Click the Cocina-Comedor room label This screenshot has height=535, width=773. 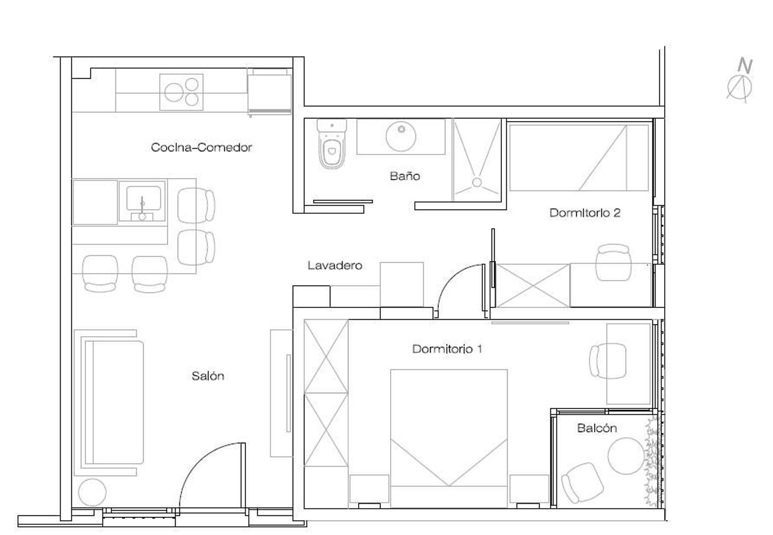click(201, 148)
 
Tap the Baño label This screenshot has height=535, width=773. click(405, 176)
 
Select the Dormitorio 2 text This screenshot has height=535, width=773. click(585, 213)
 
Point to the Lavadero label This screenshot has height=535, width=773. click(335, 265)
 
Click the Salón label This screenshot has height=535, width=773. click(208, 376)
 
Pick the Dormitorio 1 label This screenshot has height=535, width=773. click(447, 349)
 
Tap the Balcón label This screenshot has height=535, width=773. click(597, 428)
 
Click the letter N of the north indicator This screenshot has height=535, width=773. click(745, 66)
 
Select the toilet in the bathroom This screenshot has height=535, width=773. click(332, 144)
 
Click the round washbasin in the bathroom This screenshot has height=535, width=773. click(400, 136)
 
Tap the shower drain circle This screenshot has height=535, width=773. click(477, 182)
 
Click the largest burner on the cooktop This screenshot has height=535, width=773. click(174, 92)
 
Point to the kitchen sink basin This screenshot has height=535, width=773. click(144, 198)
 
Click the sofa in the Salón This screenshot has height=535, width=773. click(114, 402)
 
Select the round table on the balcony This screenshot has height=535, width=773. click(626, 456)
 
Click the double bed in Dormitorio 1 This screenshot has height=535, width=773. click(449, 439)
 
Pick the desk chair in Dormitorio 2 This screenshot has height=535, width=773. click(613, 262)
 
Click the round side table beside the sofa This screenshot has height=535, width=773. click(92, 492)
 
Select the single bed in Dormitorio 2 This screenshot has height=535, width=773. click(579, 158)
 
